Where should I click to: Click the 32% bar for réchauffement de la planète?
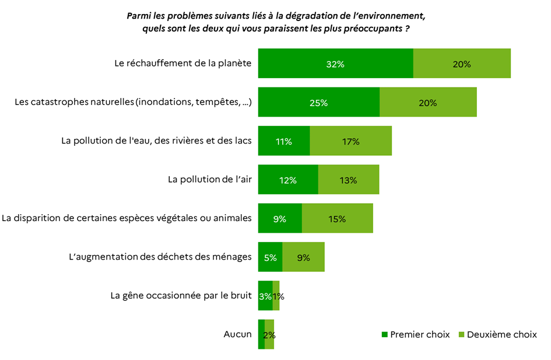tap(335, 64)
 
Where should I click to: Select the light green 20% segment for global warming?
tap(462, 64)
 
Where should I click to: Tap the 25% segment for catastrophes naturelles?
tap(318, 102)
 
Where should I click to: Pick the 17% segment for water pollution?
tap(350, 141)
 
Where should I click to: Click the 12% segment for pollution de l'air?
tap(288, 180)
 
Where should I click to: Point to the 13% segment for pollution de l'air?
tap(348, 180)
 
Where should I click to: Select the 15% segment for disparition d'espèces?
tap(337, 219)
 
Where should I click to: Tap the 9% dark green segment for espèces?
tap(280, 219)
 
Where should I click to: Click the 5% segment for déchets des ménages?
tap(270, 257)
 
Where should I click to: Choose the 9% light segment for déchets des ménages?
tap(303, 257)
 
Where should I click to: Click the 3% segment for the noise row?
tap(265, 296)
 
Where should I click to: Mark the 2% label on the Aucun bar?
tap(269, 335)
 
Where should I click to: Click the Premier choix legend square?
tap(384, 335)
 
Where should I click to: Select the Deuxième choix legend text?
tap(502, 335)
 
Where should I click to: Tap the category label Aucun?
tap(237, 334)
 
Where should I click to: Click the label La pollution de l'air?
tap(209, 180)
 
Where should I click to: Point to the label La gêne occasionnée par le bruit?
tap(181, 296)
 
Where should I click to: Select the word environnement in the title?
tap(393, 15)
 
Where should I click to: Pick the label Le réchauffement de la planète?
tap(183, 64)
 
